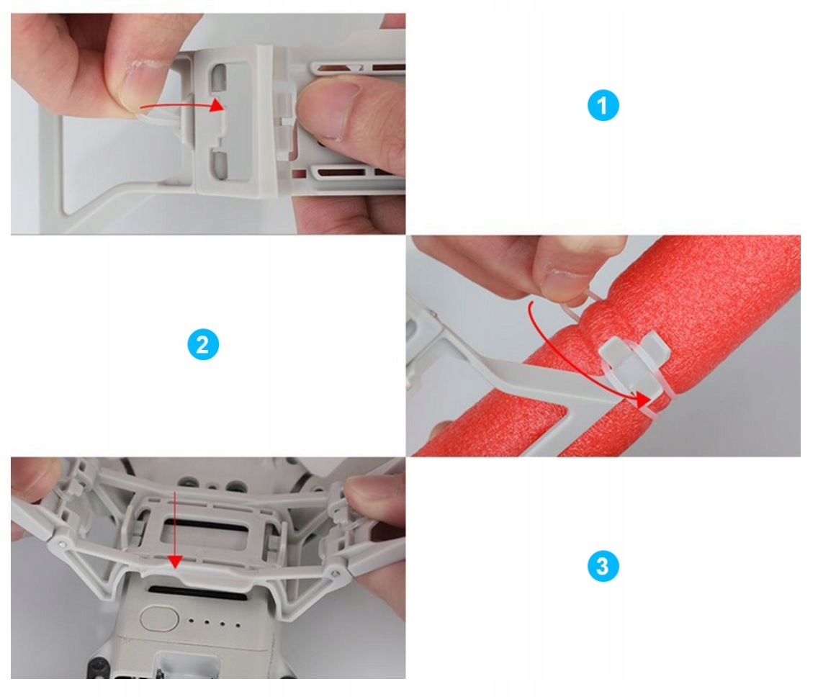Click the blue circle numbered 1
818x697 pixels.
(x=603, y=106)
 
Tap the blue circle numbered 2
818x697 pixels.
(x=203, y=345)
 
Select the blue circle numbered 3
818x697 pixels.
(x=603, y=567)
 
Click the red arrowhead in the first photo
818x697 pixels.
(x=217, y=105)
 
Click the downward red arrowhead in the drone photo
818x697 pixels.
(x=175, y=562)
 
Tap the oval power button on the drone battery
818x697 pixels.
(x=159, y=619)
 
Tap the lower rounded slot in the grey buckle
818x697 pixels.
(x=219, y=164)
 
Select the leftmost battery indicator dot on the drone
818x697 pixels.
(x=191, y=621)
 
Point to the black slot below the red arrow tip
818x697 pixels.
(x=197, y=594)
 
